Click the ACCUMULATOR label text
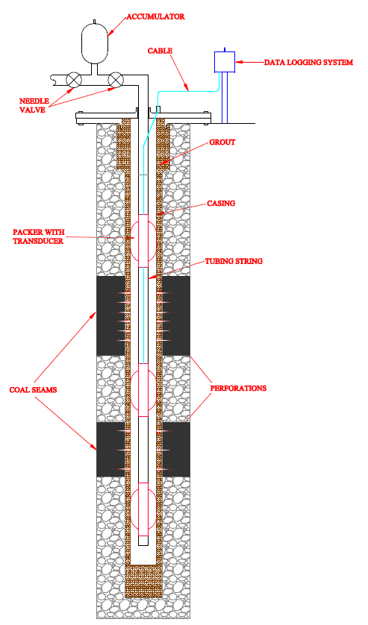pyautogui.click(x=156, y=16)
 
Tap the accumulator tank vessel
pyautogui.click(x=95, y=43)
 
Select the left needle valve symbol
pyautogui.click(x=74, y=80)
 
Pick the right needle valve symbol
pyautogui.click(x=116, y=80)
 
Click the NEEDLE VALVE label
pyautogui.click(x=34, y=106)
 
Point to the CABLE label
pyautogui.click(x=160, y=51)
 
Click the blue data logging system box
pyautogui.click(x=225, y=62)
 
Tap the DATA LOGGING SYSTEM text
pyautogui.click(x=308, y=63)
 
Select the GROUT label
pyautogui.click(x=222, y=142)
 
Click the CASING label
pyautogui.click(x=221, y=204)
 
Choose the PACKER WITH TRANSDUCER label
pyautogui.click(x=38, y=236)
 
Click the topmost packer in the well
pyautogui.click(x=143, y=240)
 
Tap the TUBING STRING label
pyautogui.click(x=234, y=262)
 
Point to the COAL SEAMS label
pyautogui.click(x=33, y=390)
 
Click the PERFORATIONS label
pyautogui.click(x=238, y=389)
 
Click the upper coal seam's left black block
pyautogui.click(x=110, y=315)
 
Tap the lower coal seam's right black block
pyautogui.click(x=176, y=450)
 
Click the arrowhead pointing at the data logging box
pyautogui.click(x=239, y=62)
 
